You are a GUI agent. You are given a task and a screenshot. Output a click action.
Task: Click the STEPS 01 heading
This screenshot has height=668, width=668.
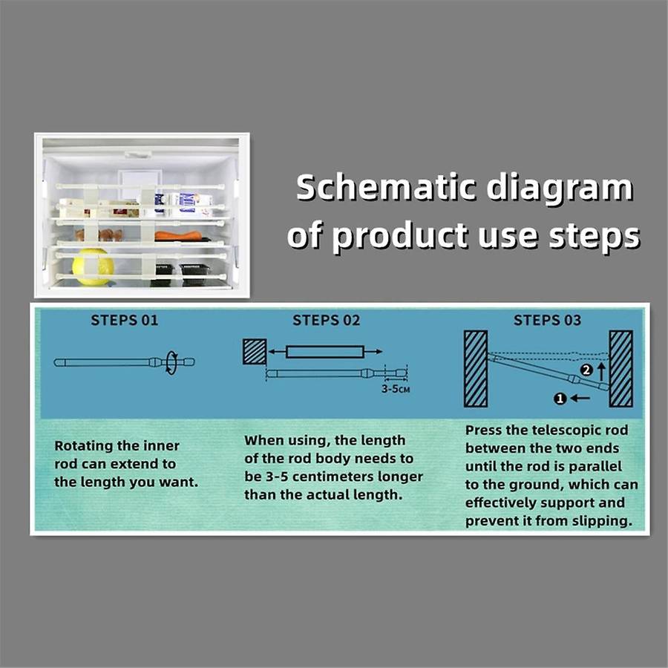pos(125,321)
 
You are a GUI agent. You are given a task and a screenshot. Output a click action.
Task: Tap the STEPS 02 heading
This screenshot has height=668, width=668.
pos(327,321)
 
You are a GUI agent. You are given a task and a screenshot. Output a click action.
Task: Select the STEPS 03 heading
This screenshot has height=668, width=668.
pos(547,321)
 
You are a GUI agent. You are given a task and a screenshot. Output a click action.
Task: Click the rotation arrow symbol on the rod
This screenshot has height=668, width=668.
pos(171,362)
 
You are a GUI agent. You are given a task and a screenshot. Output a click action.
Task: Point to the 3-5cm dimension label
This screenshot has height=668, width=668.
pos(396,389)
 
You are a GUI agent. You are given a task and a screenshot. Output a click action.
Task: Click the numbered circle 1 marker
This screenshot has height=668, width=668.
pos(560,399)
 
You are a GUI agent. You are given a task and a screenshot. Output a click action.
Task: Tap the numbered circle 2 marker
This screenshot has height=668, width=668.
pos(586,370)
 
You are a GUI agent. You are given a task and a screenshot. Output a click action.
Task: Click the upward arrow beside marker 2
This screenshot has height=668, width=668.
pos(601,372)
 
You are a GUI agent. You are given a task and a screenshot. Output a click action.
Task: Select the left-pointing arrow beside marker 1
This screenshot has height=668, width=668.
pos(580,399)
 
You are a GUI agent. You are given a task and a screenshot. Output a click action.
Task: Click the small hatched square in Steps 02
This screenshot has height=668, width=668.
pos(255,352)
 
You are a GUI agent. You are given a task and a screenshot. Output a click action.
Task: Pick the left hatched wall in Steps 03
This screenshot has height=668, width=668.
pos(476,368)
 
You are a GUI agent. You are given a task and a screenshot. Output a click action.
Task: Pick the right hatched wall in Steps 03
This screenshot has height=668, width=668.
pos(620,368)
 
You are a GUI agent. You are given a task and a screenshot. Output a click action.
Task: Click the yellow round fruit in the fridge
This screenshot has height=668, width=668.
pos(93,267)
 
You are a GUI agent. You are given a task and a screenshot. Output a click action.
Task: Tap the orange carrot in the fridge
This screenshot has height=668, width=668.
pos(178,235)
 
